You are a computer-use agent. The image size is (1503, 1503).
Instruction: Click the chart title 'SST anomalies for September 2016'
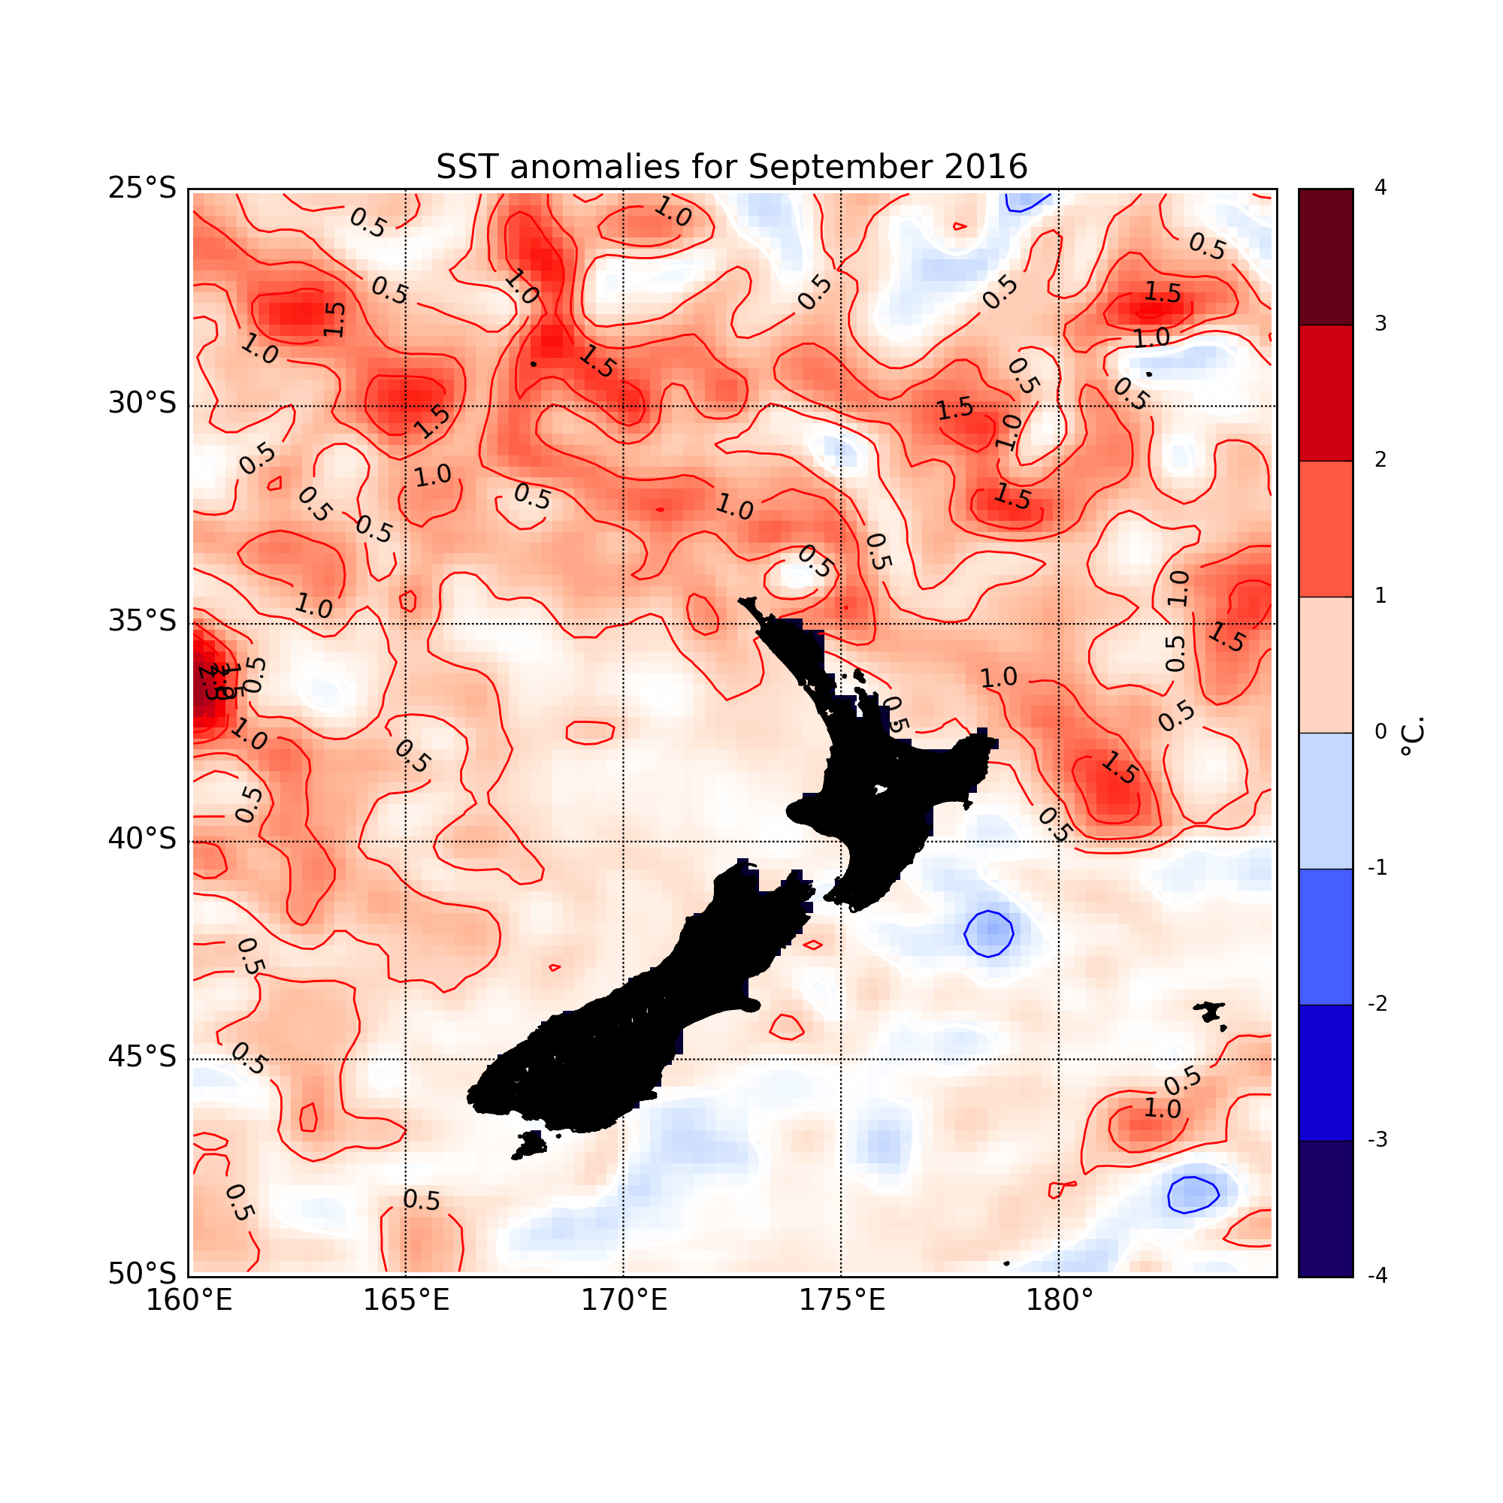(731, 168)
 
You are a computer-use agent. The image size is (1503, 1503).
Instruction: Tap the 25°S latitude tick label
(142, 189)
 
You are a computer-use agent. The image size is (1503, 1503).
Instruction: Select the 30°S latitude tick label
(142, 404)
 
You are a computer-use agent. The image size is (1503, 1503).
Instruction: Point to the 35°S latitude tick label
(142, 622)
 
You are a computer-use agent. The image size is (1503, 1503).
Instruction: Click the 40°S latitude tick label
(142, 840)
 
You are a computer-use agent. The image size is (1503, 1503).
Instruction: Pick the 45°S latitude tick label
(142, 1058)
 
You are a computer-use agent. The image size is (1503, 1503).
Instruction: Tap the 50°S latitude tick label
(142, 1275)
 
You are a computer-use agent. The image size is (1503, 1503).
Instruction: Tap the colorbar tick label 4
(1380, 189)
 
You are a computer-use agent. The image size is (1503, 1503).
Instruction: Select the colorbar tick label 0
(1380, 732)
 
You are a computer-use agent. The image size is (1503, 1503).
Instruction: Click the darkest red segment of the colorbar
(1325, 257)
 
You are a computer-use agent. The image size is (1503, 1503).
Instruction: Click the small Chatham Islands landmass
(1211, 1013)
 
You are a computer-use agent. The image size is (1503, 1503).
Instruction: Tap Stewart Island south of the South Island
(531, 1145)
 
